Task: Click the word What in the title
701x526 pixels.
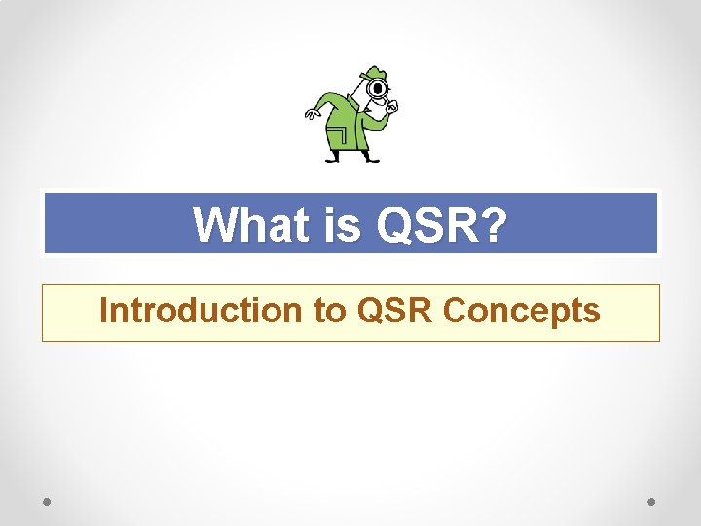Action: (248, 225)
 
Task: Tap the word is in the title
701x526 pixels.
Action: (341, 225)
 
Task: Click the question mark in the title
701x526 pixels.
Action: (494, 225)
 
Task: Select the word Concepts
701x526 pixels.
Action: (521, 311)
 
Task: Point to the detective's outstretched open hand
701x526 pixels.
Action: (313, 112)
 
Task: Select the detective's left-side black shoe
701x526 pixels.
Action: (332, 158)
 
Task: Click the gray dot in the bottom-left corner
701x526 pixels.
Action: (47, 502)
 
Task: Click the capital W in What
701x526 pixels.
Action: (211, 225)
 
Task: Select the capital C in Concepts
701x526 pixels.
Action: (455, 311)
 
